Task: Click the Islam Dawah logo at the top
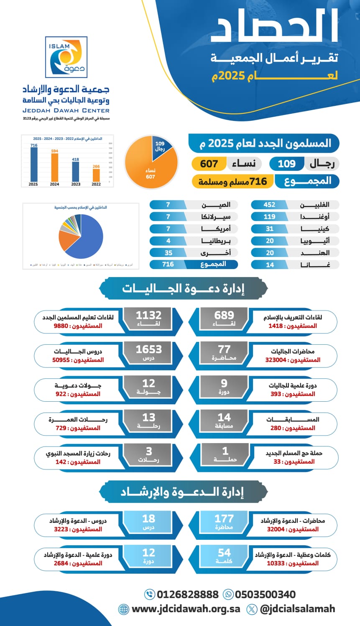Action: coord(66,57)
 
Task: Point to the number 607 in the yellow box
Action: coord(209,164)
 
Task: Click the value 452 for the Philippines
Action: coord(269,205)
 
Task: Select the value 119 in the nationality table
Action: coord(269,217)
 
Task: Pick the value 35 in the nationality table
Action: coord(169,253)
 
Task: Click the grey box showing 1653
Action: coord(148,353)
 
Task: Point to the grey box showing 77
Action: coord(224,353)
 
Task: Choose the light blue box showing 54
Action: coord(224,557)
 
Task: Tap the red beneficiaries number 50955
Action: coord(61,360)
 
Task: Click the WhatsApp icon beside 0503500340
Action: coord(228,594)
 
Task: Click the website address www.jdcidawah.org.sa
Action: coord(186,609)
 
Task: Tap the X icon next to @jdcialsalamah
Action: coord(252,609)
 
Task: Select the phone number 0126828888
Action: coord(187,594)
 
